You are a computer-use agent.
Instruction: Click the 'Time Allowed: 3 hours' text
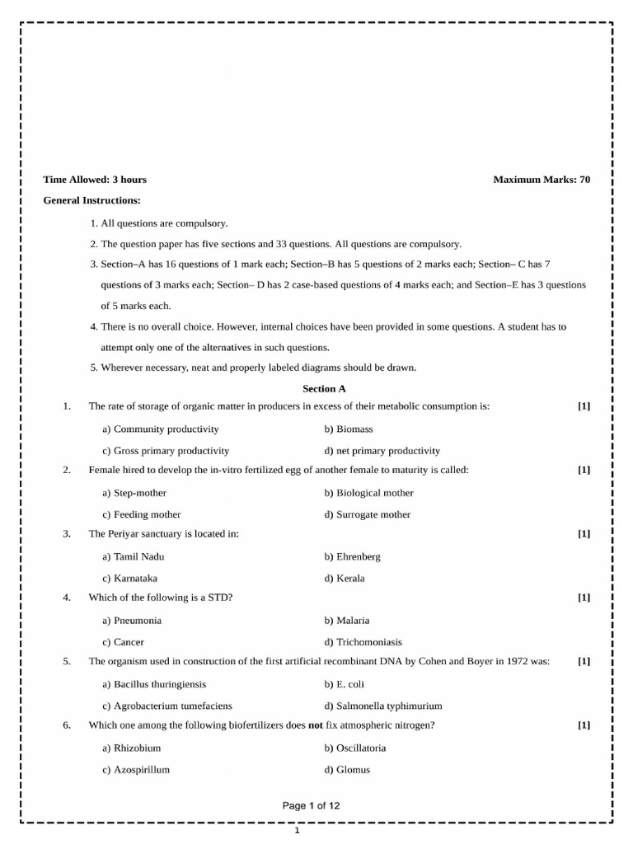pos(95,179)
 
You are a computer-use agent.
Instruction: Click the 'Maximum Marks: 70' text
pos(542,179)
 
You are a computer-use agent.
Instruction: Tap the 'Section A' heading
pos(319,388)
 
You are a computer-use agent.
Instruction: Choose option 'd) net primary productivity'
pos(382,451)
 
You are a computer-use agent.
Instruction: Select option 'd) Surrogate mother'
pos(368,514)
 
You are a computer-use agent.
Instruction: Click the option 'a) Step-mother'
pos(134,493)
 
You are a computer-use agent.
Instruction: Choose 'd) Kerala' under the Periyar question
pos(345,578)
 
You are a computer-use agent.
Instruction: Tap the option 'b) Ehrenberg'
pos(353,556)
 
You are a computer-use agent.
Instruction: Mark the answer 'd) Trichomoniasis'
pos(363,642)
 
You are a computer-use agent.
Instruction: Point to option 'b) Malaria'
pos(347,621)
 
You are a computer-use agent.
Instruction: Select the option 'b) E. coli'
pos(345,684)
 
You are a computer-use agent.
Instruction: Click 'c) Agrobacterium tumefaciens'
pos(167,706)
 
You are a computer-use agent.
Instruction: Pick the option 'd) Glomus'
pos(347,770)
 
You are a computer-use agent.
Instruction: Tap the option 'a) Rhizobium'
pos(132,748)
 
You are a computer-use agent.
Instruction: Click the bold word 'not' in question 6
pos(315,725)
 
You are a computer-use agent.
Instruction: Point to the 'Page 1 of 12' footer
pos(311,806)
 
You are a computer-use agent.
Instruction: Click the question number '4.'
pos(66,597)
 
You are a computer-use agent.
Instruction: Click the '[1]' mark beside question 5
pos(584,661)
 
